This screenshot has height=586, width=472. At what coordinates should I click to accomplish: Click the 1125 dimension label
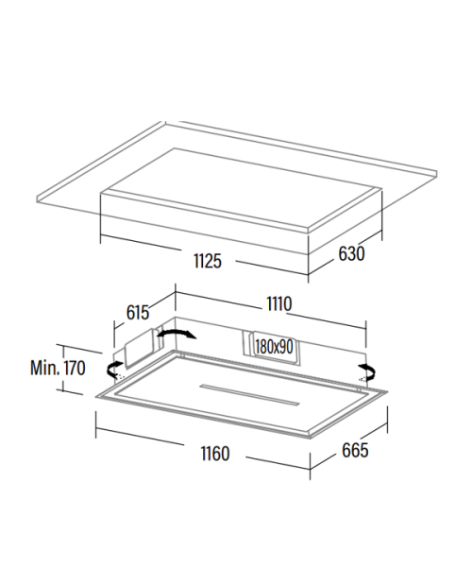[208, 261]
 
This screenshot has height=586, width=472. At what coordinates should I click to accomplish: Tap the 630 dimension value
[351, 253]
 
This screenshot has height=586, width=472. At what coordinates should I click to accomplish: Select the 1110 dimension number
[279, 303]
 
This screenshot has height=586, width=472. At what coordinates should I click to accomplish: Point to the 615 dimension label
[138, 313]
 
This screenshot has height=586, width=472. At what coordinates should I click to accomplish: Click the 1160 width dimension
[215, 454]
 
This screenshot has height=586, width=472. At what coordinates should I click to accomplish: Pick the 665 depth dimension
[355, 450]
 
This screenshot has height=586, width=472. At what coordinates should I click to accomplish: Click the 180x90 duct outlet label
[275, 347]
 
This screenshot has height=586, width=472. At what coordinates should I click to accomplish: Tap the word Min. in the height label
[44, 368]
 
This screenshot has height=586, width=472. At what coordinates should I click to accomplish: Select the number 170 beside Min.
[75, 368]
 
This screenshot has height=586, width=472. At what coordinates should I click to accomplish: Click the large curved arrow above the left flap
[177, 331]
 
